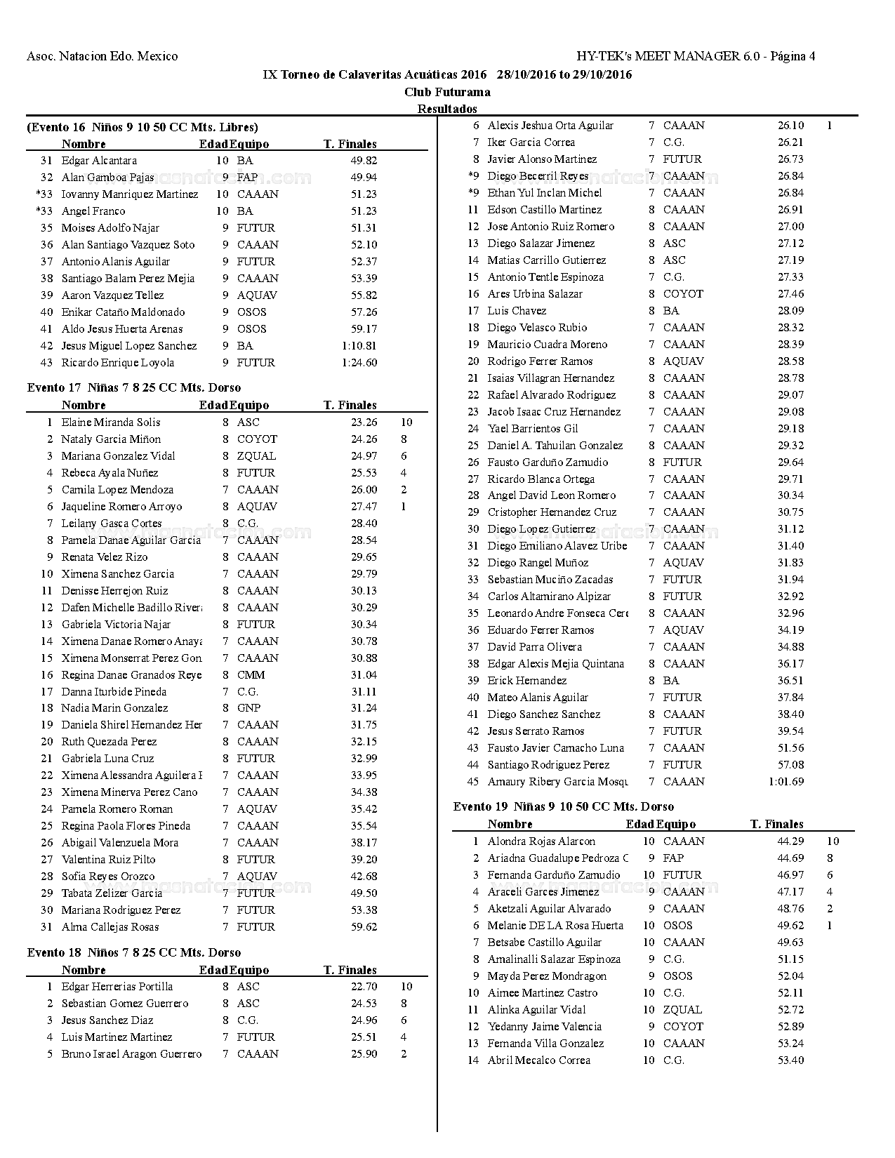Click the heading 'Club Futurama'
tap(447, 92)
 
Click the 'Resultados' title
tap(447, 109)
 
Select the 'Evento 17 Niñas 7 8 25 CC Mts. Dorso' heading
tap(134, 387)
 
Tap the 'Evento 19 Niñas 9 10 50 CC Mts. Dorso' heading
tap(564, 806)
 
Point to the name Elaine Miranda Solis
tap(111, 422)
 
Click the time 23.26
tap(364, 422)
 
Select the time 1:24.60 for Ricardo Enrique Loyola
tap(359, 363)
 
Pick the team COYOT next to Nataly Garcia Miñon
tap(257, 439)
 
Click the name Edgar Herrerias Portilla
tap(117, 987)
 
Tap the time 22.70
tap(364, 987)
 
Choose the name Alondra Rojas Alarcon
tap(541, 841)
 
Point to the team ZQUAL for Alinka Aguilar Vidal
tap(682, 1010)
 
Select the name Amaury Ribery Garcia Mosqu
tap(557, 782)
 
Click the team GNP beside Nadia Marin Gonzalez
tap(249, 708)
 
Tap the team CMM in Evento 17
tap(251, 675)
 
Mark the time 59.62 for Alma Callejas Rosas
tap(364, 927)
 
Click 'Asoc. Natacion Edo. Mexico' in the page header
tap(102, 56)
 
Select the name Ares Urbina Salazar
tap(535, 294)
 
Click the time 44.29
tap(790, 841)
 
